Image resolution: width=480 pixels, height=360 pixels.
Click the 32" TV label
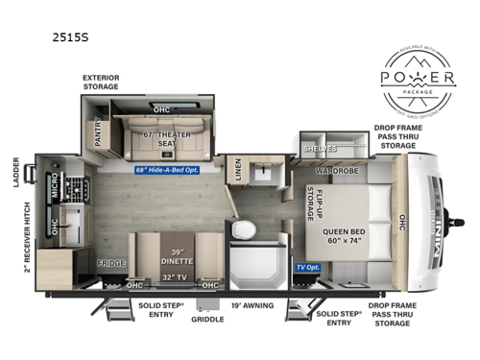(176, 277)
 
